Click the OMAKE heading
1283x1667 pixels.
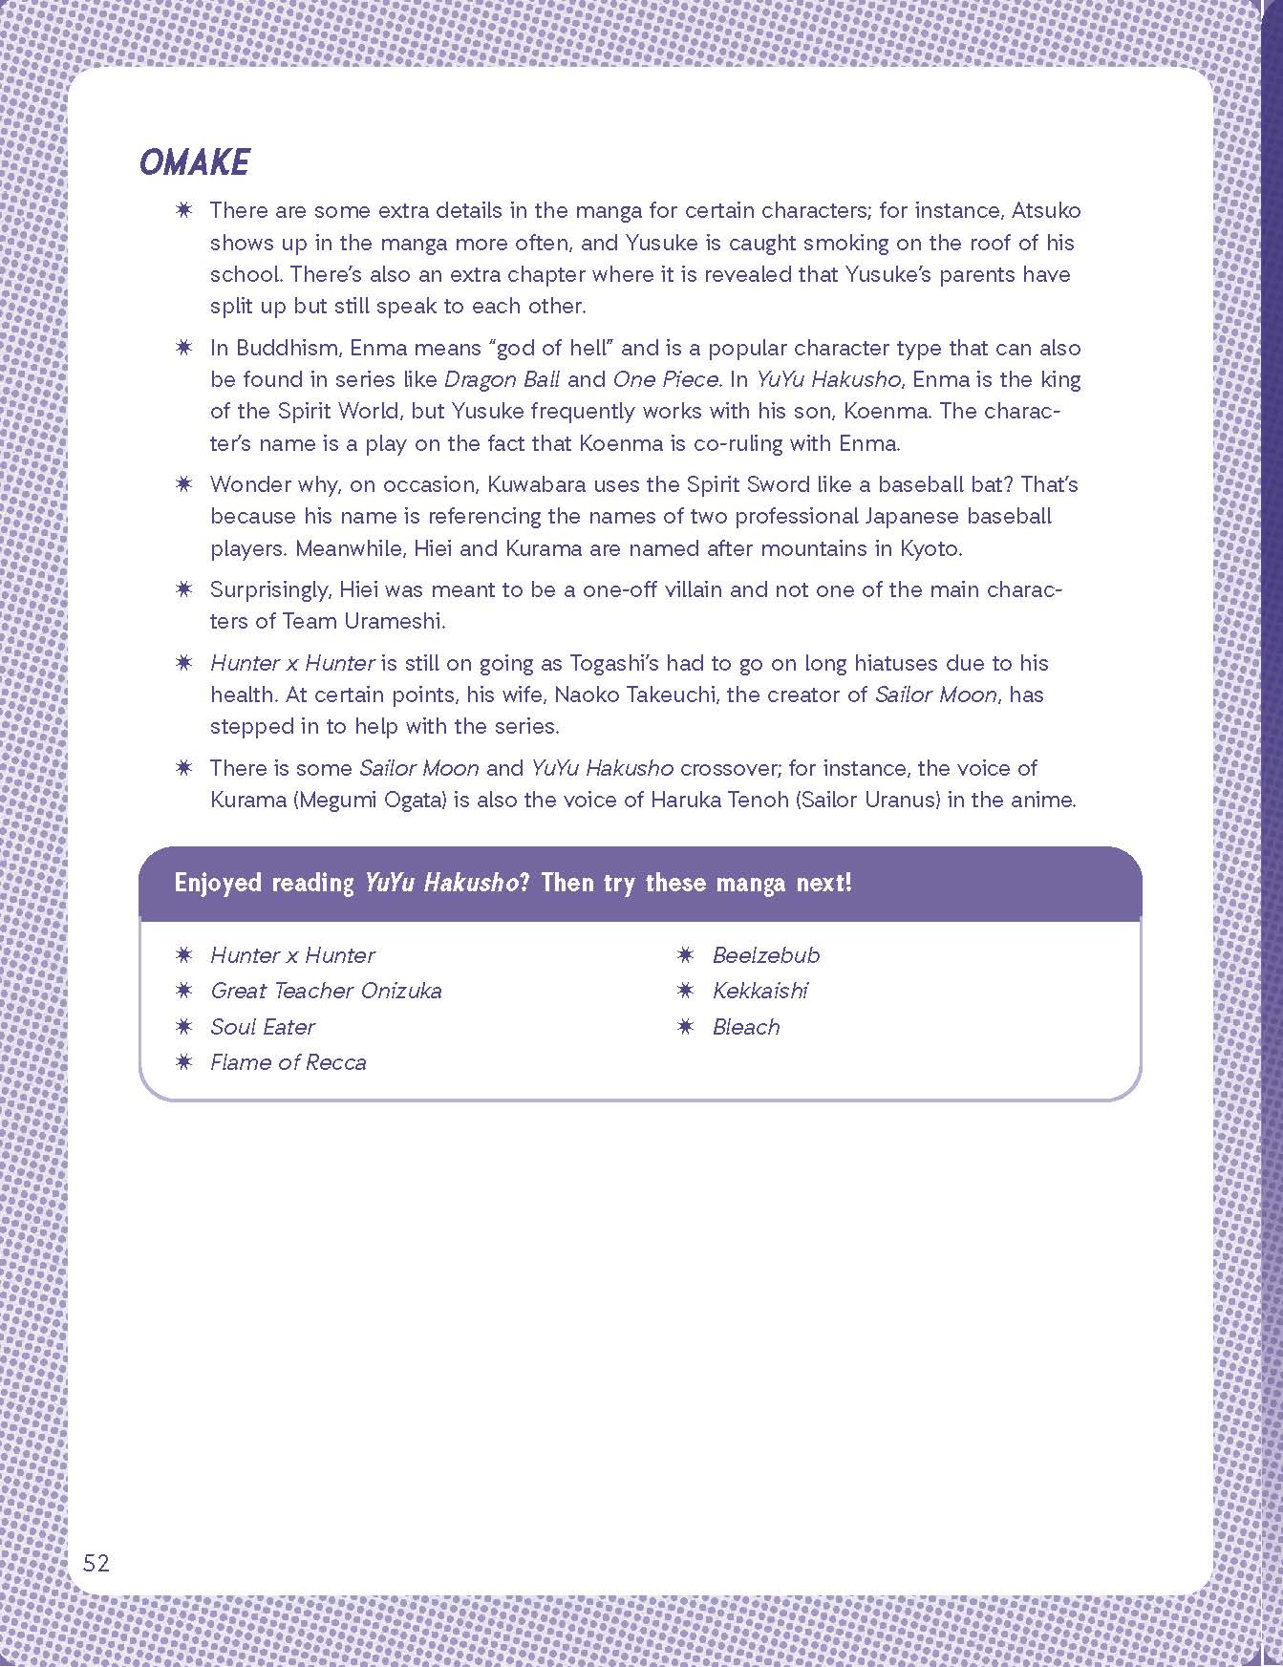(194, 162)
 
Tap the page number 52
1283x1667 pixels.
(96, 1563)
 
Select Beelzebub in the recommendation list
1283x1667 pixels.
(766, 955)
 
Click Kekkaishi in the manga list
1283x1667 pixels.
(759, 991)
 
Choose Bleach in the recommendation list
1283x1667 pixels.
(746, 1027)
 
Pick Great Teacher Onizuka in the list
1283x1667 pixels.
(326, 991)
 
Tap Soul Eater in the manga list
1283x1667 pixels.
(263, 1027)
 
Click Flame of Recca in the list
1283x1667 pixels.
(288, 1062)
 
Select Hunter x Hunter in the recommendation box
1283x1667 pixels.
(292, 955)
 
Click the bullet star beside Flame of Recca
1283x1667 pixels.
(183, 1062)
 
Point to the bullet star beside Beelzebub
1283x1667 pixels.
(686, 955)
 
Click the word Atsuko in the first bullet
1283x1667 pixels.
(1048, 210)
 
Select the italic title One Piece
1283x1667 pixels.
(665, 379)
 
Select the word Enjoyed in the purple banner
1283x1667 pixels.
(217, 882)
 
